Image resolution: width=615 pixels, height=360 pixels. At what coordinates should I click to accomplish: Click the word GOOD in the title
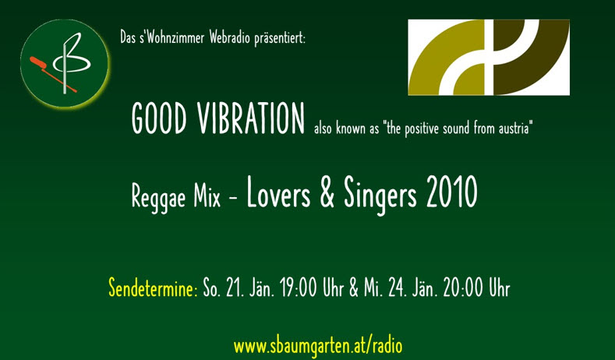[159, 118]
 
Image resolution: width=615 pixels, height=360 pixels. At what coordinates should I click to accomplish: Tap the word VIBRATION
[251, 118]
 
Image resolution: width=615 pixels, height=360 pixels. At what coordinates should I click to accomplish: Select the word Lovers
[278, 192]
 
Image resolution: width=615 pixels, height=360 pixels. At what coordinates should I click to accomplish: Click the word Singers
[380, 195]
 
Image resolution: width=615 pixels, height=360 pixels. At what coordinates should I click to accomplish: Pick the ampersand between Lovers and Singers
[327, 192]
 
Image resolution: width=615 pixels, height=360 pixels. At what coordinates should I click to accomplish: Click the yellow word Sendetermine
[153, 288]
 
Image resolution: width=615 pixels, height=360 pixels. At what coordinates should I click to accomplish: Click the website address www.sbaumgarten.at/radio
[318, 346]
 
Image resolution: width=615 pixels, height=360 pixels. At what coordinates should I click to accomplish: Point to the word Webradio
[229, 38]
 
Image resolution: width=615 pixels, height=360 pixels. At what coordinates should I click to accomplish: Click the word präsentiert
[280, 39]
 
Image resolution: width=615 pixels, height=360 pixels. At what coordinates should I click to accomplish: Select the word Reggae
[158, 197]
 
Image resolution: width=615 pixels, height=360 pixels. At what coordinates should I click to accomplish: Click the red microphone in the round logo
[52, 74]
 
